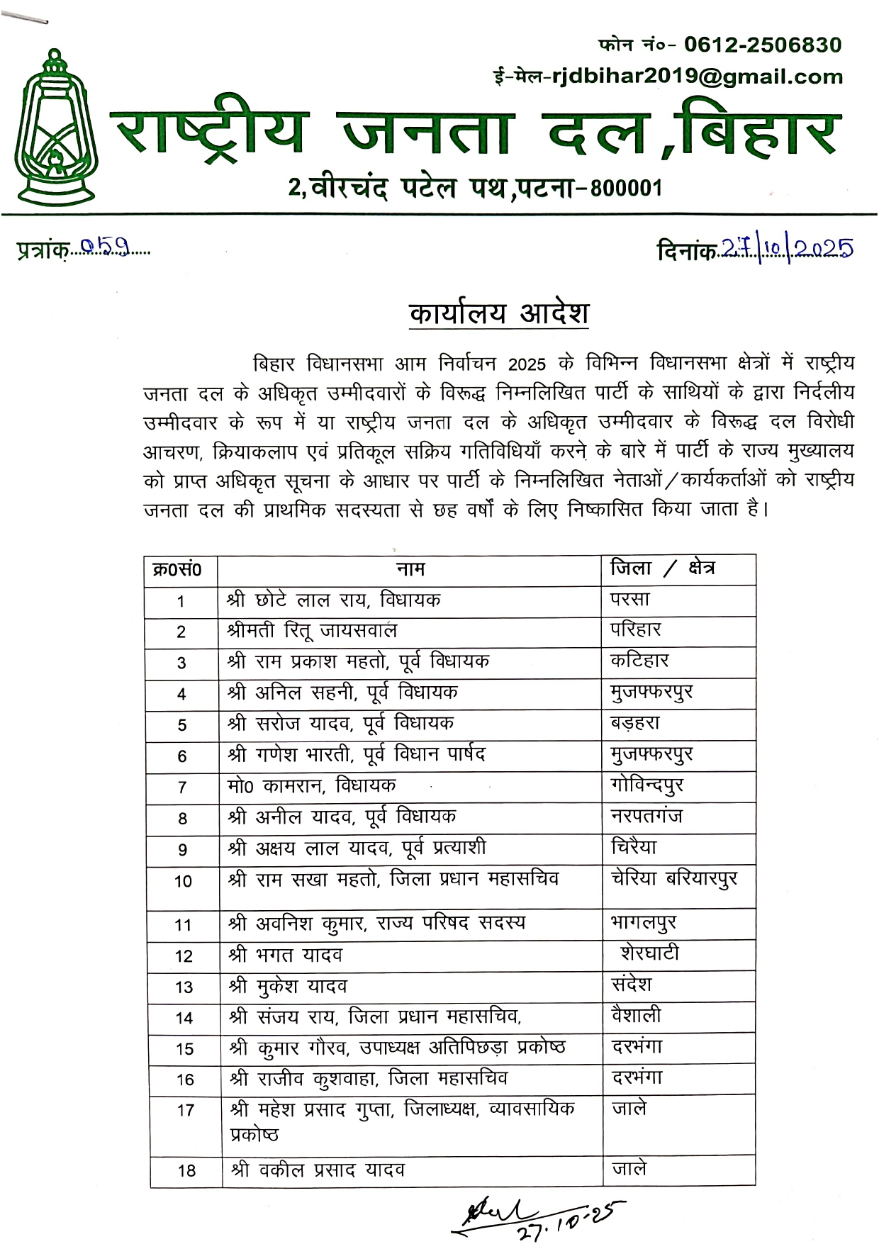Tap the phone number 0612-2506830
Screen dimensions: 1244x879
coord(762,45)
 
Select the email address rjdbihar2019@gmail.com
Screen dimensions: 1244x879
coord(697,77)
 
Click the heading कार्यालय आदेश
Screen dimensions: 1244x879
coord(499,313)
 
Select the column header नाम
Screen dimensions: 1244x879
coord(410,569)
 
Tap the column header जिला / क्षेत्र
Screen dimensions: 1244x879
coord(662,568)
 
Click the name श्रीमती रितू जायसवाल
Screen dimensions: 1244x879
coord(312,631)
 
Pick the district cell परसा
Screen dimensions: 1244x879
coord(630,600)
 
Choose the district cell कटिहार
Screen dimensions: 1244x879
coord(639,661)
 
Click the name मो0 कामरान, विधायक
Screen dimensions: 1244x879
coord(311,785)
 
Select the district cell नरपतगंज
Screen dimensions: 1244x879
coord(646,817)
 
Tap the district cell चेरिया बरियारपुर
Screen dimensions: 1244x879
coord(674,879)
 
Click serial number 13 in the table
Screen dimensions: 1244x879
coord(184,987)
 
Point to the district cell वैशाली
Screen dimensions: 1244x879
coord(636,1016)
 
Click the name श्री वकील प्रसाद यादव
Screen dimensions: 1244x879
coord(317,1170)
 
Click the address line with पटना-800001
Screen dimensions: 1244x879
coord(475,188)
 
